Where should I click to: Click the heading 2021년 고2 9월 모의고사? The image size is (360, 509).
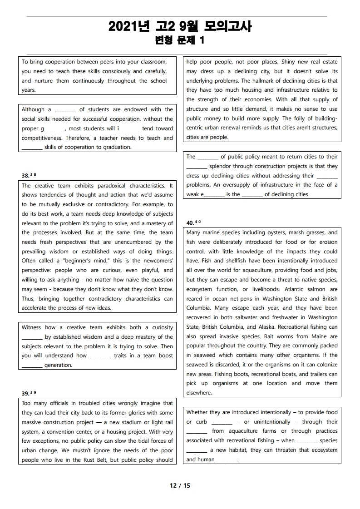[180, 27]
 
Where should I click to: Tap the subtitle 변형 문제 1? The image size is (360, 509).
[180, 40]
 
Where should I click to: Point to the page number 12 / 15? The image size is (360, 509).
[180, 485]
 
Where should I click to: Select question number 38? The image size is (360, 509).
[25, 175]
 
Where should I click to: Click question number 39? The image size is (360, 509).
[25, 393]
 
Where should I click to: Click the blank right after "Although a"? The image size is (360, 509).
[65, 110]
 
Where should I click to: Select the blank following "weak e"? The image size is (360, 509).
[214, 195]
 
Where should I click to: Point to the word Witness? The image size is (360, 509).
[31, 327]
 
